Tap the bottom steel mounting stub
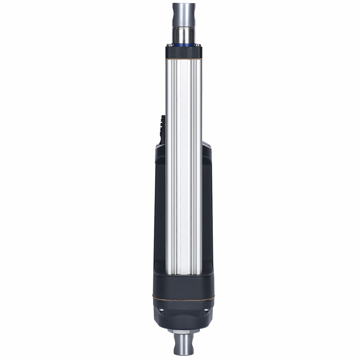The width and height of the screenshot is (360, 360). coord(184,346)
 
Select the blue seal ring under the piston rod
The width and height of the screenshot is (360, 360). coord(184,45)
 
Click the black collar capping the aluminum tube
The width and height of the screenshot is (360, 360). coord(184,53)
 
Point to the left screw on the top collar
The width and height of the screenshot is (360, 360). coord(169,45)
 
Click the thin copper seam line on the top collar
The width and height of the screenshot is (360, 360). coord(184,58)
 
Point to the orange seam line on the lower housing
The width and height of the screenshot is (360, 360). coord(184,298)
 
